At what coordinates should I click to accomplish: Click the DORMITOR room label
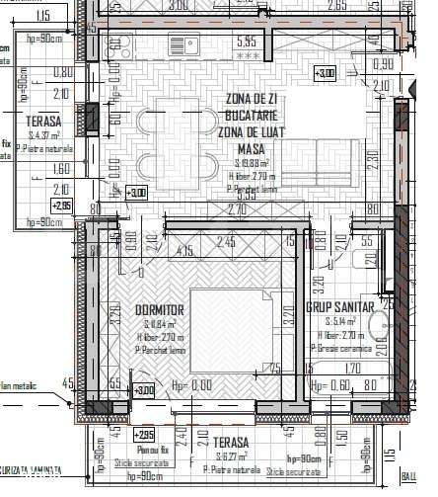coord(159,310)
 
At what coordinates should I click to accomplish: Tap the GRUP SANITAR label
coord(338,308)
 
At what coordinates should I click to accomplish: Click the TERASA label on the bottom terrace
coord(228,444)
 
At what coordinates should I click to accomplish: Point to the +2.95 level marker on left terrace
coord(61,206)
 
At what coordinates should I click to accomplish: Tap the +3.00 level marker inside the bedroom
coord(145,391)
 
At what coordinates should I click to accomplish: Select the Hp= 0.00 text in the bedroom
coord(192,385)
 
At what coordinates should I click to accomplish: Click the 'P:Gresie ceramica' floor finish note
coord(341,348)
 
